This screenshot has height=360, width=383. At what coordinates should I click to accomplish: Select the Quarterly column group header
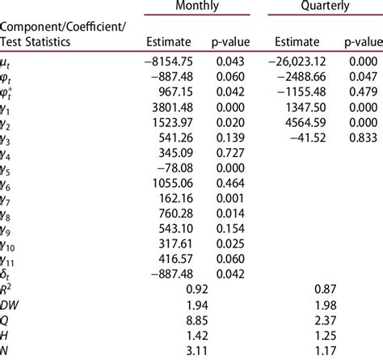320,6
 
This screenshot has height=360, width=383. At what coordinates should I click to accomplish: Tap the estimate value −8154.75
166,61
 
